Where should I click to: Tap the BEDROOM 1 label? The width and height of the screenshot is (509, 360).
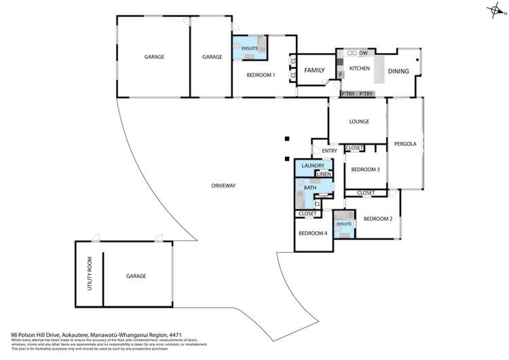pos(261,75)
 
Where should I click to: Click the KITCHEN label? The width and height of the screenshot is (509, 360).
pos(359,69)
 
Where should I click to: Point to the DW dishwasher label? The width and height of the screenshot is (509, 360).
pos(364,53)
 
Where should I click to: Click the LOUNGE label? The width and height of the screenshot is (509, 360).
pos(358,122)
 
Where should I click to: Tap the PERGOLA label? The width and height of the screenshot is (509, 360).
pos(404,143)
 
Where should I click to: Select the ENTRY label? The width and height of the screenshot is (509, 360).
pos(329,151)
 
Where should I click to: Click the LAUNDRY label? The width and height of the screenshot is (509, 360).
pos(313,166)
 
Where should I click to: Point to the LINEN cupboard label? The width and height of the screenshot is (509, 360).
pos(323,175)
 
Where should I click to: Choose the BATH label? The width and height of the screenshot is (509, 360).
pos(309,186)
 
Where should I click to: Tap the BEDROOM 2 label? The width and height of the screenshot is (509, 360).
pos(378,219)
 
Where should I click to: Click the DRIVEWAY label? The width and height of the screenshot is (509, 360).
pos(223,185)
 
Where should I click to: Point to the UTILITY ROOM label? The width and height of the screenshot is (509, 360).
pos(88,275)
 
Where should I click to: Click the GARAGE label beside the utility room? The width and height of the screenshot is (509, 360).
pos(136,276)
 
